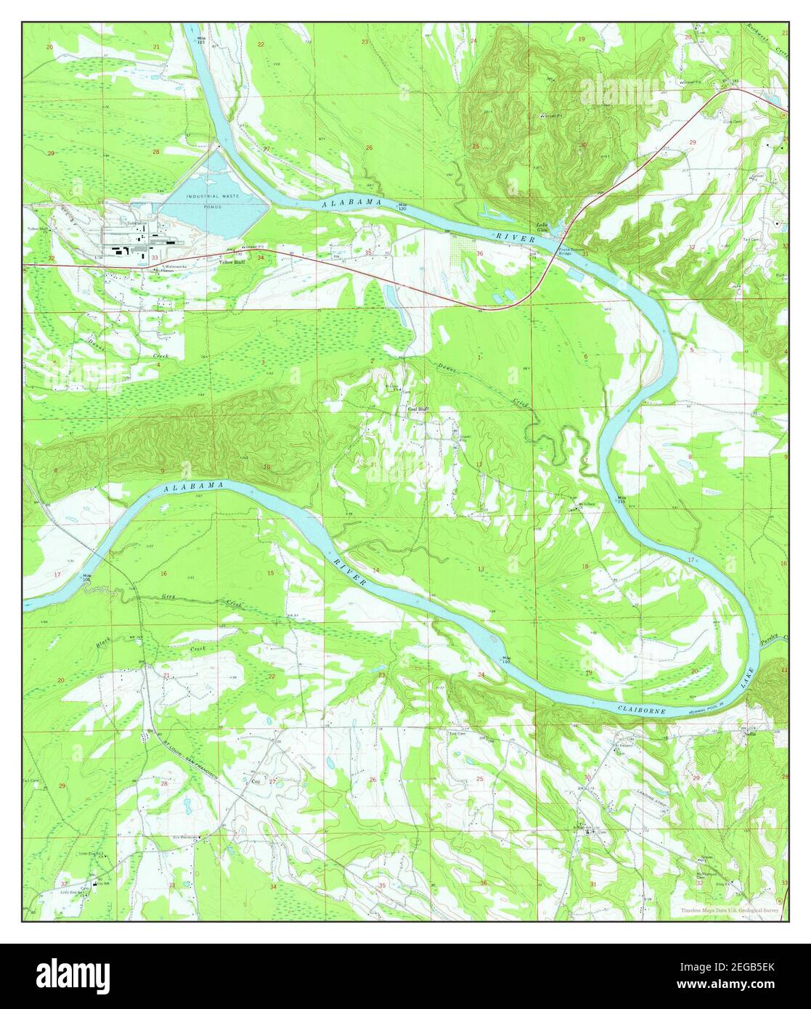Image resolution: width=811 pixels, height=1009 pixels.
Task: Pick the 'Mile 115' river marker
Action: tap(622, 499)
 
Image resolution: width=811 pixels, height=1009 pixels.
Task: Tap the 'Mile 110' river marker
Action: tap(505, 661)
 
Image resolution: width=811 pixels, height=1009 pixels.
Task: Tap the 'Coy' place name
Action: tap(255, 781)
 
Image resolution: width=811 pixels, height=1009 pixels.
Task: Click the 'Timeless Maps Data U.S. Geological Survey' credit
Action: tap(730, 910)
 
